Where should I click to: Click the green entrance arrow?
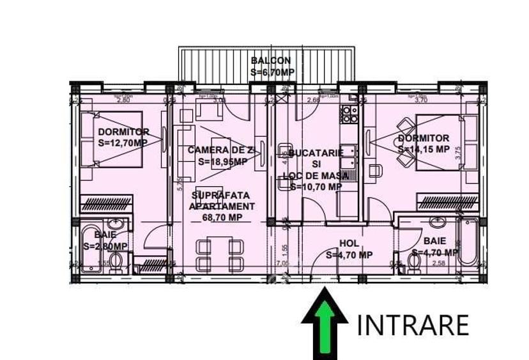(x=324, y=323)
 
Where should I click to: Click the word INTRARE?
(x=412, y=325)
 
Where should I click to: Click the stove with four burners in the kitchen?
(x=349, y=114)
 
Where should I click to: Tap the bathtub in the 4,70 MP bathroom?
(x=468, y=242)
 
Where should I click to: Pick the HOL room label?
(x=349, y=243)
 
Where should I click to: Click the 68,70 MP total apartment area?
(x=222, y=217)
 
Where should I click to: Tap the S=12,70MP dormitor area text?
(x=123, y=143)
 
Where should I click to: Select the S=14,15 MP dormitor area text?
(x=423, y=149)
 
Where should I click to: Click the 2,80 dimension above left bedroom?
(x=122, y=100)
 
